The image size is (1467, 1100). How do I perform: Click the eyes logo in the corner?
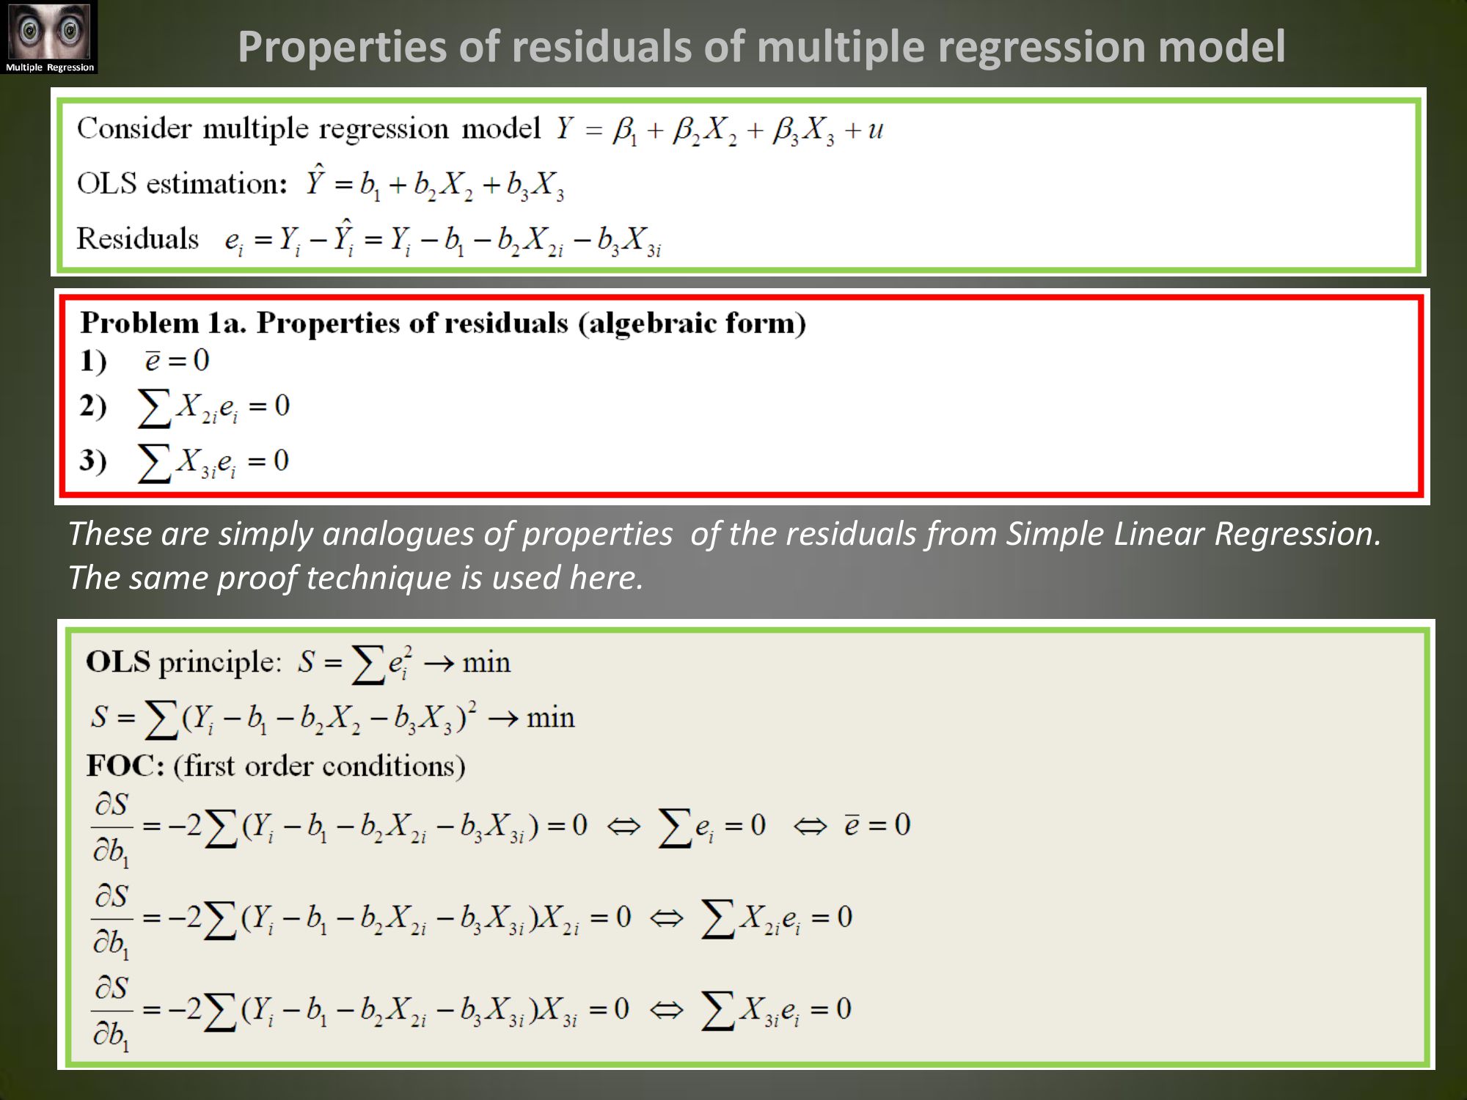49,37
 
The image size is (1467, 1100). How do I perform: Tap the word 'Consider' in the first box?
134,128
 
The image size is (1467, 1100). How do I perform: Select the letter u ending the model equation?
875,131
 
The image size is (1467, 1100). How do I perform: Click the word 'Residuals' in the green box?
138,238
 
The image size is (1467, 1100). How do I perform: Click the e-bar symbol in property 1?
153,360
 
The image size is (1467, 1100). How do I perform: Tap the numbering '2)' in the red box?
93,406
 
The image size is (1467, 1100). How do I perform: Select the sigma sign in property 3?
154,463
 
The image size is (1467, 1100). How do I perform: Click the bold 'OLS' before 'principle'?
118,661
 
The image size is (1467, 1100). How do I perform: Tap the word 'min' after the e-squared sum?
486,663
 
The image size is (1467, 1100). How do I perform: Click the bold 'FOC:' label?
125,766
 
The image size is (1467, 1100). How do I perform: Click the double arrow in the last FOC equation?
666,1010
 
